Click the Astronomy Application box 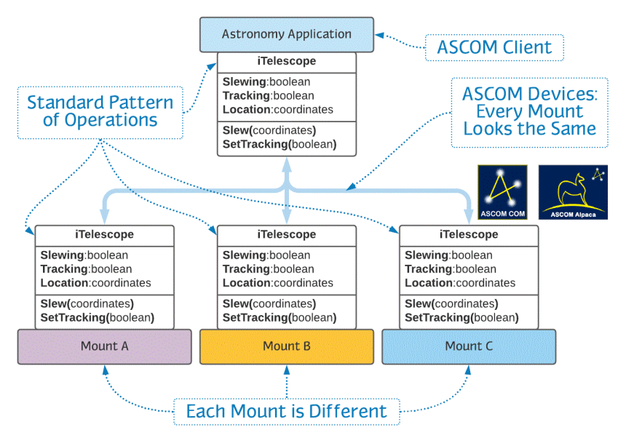point(286,34)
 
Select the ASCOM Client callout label point(494,48)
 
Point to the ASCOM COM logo point(502,192)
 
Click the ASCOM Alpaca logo point(572,192)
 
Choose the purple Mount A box point(104,346)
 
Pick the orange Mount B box point(286,346)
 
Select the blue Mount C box point(468,346)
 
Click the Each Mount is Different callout point(286,412)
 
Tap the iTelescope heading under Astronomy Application point(286,62)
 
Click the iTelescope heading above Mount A point(104,235)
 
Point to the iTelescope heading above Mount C point(468,235)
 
